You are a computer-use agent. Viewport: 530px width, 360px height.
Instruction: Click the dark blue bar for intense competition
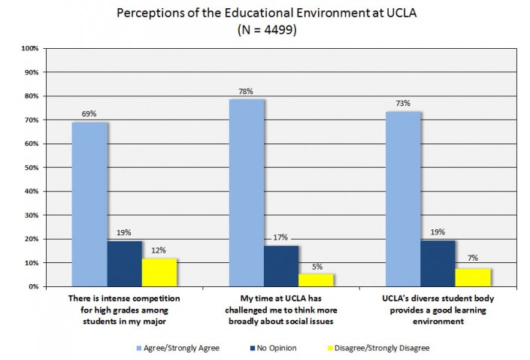pos(124,264)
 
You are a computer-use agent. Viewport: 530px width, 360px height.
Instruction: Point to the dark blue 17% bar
pos(281,266)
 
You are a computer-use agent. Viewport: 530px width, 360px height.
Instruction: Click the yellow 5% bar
pos(316,280)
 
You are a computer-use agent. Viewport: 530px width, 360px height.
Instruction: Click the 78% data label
pos(246,91)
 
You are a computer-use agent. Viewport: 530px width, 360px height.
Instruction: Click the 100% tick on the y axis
pos(29,49)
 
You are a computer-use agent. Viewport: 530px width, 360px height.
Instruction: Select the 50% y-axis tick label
pos(31,168)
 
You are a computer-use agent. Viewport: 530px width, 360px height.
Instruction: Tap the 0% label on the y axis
pos(34,287)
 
